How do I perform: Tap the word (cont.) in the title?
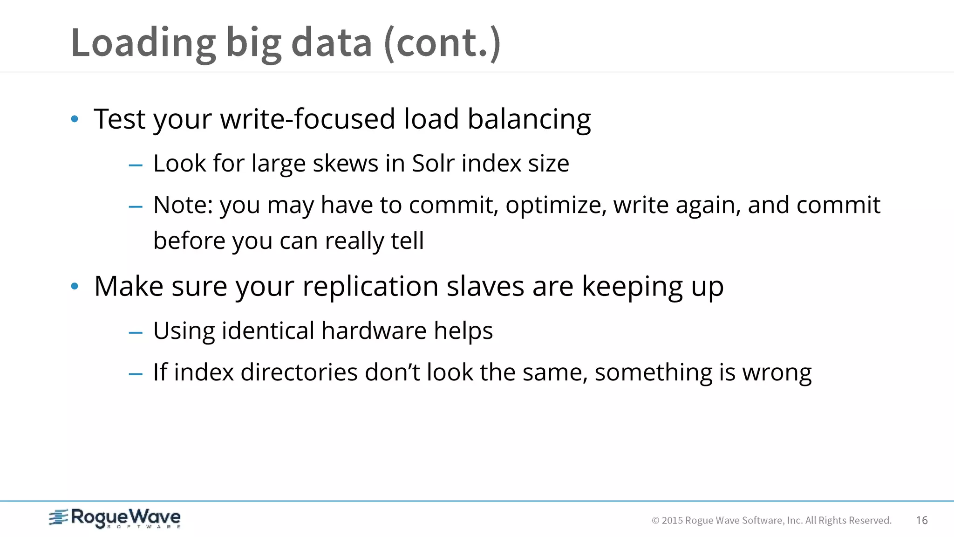pos(442,43)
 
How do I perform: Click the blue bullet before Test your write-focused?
pos(75,119)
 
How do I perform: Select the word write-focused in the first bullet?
pos(307,119)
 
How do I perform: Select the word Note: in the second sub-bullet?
pos(183,205)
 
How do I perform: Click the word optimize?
pos(556,206)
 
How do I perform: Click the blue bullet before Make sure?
pos(75,286)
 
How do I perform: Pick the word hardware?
pos(374,331)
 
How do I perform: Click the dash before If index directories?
pos(136,374)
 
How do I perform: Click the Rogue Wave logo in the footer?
pos(115,518)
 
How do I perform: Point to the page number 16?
pos(921,520)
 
